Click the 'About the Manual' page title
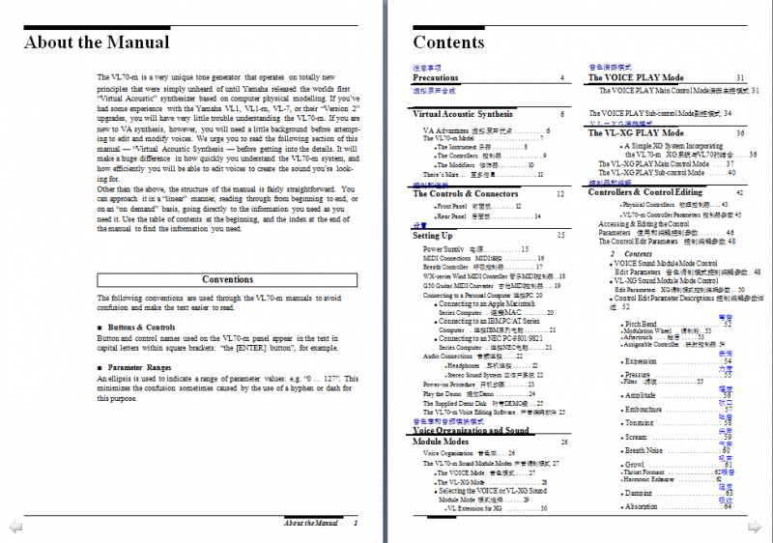point(97,42)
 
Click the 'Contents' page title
point(448,42)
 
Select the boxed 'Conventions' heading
point(227,279)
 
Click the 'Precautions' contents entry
point(436,77)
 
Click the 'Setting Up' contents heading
point(433,235)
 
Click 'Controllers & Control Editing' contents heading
point(646,192)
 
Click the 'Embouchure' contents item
point(644,409)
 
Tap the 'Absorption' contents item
point(642,506)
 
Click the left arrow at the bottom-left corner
point(14,527)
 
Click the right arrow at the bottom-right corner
point(759,527)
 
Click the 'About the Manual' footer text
point(310,523)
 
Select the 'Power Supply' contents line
point(445,249)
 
